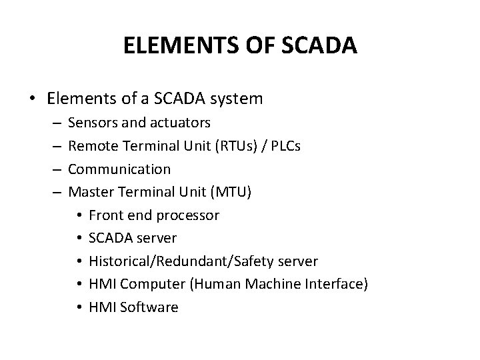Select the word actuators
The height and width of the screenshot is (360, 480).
click(x=179, y=123)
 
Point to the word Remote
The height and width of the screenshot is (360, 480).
click(x=91, y=146)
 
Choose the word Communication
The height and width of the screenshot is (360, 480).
click(x=119, y=169)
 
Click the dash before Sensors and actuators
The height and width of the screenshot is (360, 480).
click(x=54, y=123)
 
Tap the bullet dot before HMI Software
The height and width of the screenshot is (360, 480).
click(x=78, y=308)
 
